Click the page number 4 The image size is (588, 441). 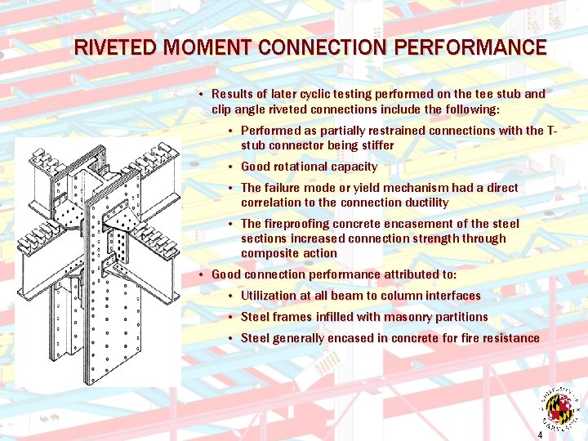point(540,435)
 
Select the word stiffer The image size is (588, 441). point(374,145)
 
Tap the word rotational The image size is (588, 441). point(309,167)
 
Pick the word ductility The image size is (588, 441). point(421,203)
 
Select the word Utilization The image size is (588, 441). point(274,296)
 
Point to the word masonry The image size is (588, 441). point(386,317)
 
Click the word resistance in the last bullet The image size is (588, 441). point(510,338)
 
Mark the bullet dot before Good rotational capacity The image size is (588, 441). point(232,167)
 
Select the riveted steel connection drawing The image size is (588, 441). point(98,261)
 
